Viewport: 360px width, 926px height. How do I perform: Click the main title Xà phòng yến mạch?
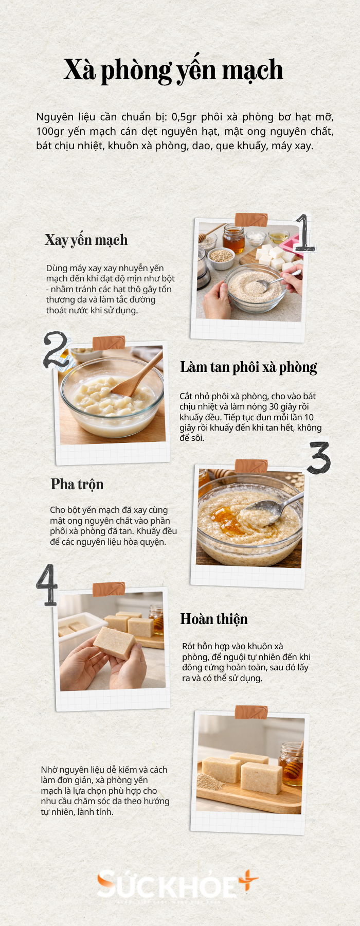tap(173, 70)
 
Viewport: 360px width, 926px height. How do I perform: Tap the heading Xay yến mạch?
tap(86, 240)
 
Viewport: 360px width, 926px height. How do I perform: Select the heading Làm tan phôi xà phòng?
tap(248, 367)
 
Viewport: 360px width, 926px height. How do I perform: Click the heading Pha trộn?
tap(77, 484)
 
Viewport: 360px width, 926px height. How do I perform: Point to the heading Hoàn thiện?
tap(214, 619)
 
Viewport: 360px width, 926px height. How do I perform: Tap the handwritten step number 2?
tap(55, 350)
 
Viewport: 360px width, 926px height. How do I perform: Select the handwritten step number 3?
tap(319, 457)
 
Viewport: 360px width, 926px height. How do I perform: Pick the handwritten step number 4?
tap(48, 584)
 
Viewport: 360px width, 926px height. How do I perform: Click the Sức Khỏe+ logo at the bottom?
tap(177, 884)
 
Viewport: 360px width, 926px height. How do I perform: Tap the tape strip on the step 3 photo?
tap(251, 466)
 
